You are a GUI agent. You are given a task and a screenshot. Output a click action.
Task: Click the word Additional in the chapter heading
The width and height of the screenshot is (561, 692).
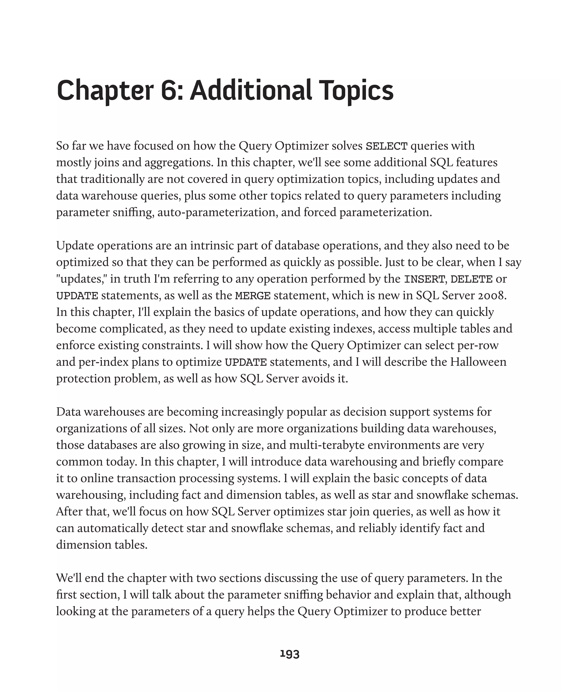click(x=250, y=90)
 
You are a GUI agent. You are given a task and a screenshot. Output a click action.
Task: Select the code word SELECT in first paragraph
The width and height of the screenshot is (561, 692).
click(x=386, y=146)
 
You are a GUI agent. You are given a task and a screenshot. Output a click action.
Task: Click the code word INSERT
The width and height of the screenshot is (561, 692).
click(x=424, y=279)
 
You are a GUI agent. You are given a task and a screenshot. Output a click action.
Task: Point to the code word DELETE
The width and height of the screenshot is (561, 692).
click(x=471, y=279)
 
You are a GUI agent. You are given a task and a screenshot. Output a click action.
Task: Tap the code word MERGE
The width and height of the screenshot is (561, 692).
click(x=253, y=296)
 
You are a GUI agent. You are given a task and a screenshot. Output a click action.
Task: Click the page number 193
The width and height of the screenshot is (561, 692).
click(x=290, y=654)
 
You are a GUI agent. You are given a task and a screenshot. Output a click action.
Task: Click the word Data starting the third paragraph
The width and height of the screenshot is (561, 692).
click(x=68, y=412)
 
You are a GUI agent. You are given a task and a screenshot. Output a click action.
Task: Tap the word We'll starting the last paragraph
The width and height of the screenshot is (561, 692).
click(x=68, y=578)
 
